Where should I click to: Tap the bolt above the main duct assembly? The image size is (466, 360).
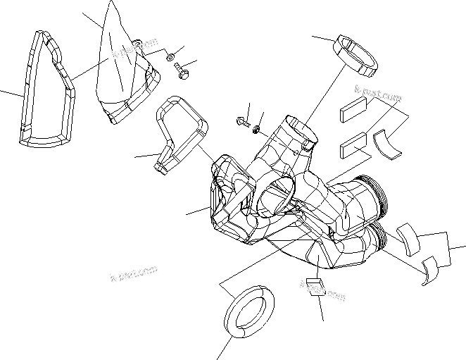[244, 121]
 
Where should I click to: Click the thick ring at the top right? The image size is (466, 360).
[355, 54]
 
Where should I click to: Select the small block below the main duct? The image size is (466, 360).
[314, 287]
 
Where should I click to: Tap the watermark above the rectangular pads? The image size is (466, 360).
[374, 91]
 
